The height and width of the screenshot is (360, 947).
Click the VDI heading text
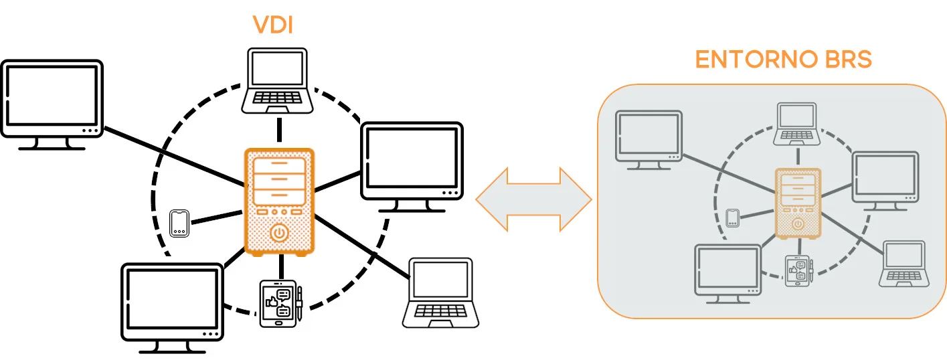pos(273,25)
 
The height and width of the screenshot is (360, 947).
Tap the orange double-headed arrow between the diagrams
pos(533,198)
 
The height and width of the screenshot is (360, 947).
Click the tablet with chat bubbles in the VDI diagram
pos(277,303)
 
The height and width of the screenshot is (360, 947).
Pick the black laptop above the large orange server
pos(277,80)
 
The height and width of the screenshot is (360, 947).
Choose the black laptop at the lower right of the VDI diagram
pos(440,292)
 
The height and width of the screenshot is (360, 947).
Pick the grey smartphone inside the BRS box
pos(732,217)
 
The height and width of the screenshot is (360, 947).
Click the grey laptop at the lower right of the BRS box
pos(904,264)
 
